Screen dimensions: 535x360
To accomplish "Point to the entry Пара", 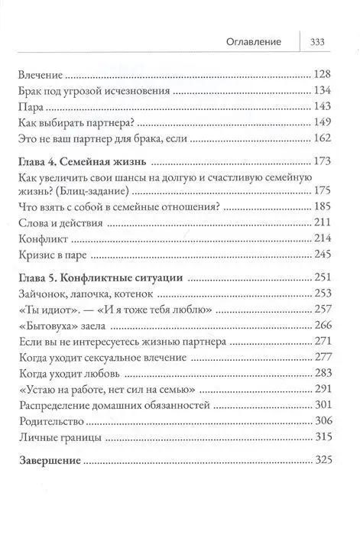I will (28, 107).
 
